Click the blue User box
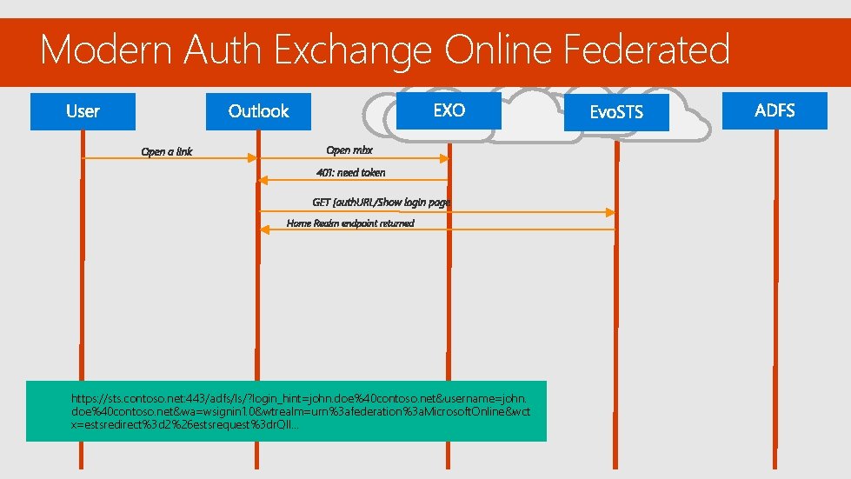point(83,111)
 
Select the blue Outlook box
point(258,111)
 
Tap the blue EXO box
point(449,110)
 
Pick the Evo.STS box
point(616,112)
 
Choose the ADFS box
point(775,110)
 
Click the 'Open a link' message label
point(167,152)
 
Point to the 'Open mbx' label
point(349,150)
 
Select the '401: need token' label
point(351,172)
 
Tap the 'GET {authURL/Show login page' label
point(382,203)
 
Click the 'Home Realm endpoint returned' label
point(350,223)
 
